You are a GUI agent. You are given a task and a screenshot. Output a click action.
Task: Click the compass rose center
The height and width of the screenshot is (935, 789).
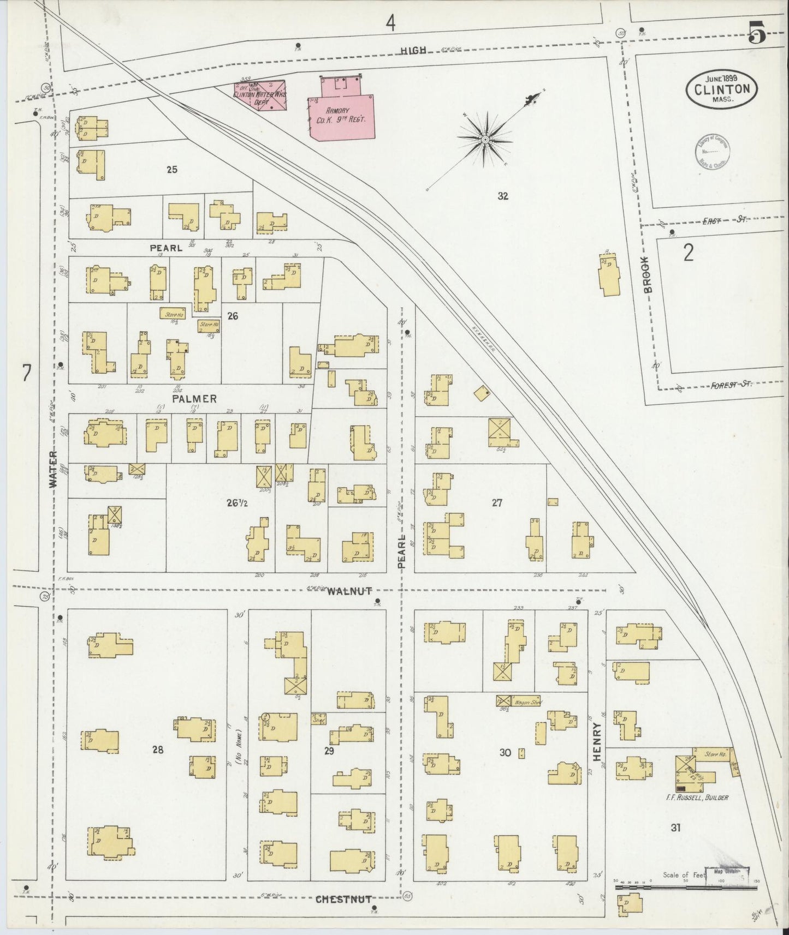coord(485,140)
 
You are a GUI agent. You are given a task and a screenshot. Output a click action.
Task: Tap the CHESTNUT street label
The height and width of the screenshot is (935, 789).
coord(343,899)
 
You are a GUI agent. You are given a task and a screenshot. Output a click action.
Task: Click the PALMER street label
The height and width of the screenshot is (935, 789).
coord(194,399)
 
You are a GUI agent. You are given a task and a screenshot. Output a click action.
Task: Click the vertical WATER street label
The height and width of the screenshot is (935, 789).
coord(53,469)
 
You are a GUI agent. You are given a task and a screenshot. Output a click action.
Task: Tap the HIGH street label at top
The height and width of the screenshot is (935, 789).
coord(413,50)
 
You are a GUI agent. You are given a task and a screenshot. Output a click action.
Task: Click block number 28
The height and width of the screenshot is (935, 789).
coord(158,750)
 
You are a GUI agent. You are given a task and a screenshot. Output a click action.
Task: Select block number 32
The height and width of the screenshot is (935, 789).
coord(503,196)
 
